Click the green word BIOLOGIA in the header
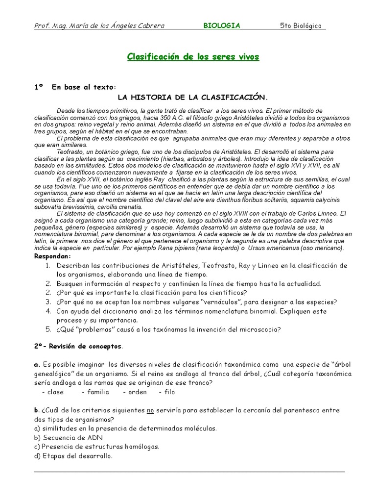tap(222, 26)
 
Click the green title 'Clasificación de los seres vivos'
tap(193, 57)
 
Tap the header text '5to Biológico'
tap(301, 26)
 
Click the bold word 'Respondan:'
tap(52, 256)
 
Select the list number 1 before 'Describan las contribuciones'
tap(47, 266)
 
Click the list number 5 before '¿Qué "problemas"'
tap(48, 329)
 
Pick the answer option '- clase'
tap(53, 392)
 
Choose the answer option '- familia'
tap(95, 392)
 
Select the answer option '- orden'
tap(135, 392)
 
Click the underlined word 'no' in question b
tap(152, 410)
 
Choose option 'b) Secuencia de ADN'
tap(69, 437)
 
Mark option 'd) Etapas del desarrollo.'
tap(73, 455)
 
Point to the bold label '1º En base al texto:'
tap(75, 87)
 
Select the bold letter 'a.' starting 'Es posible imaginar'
tap(37, 365)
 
